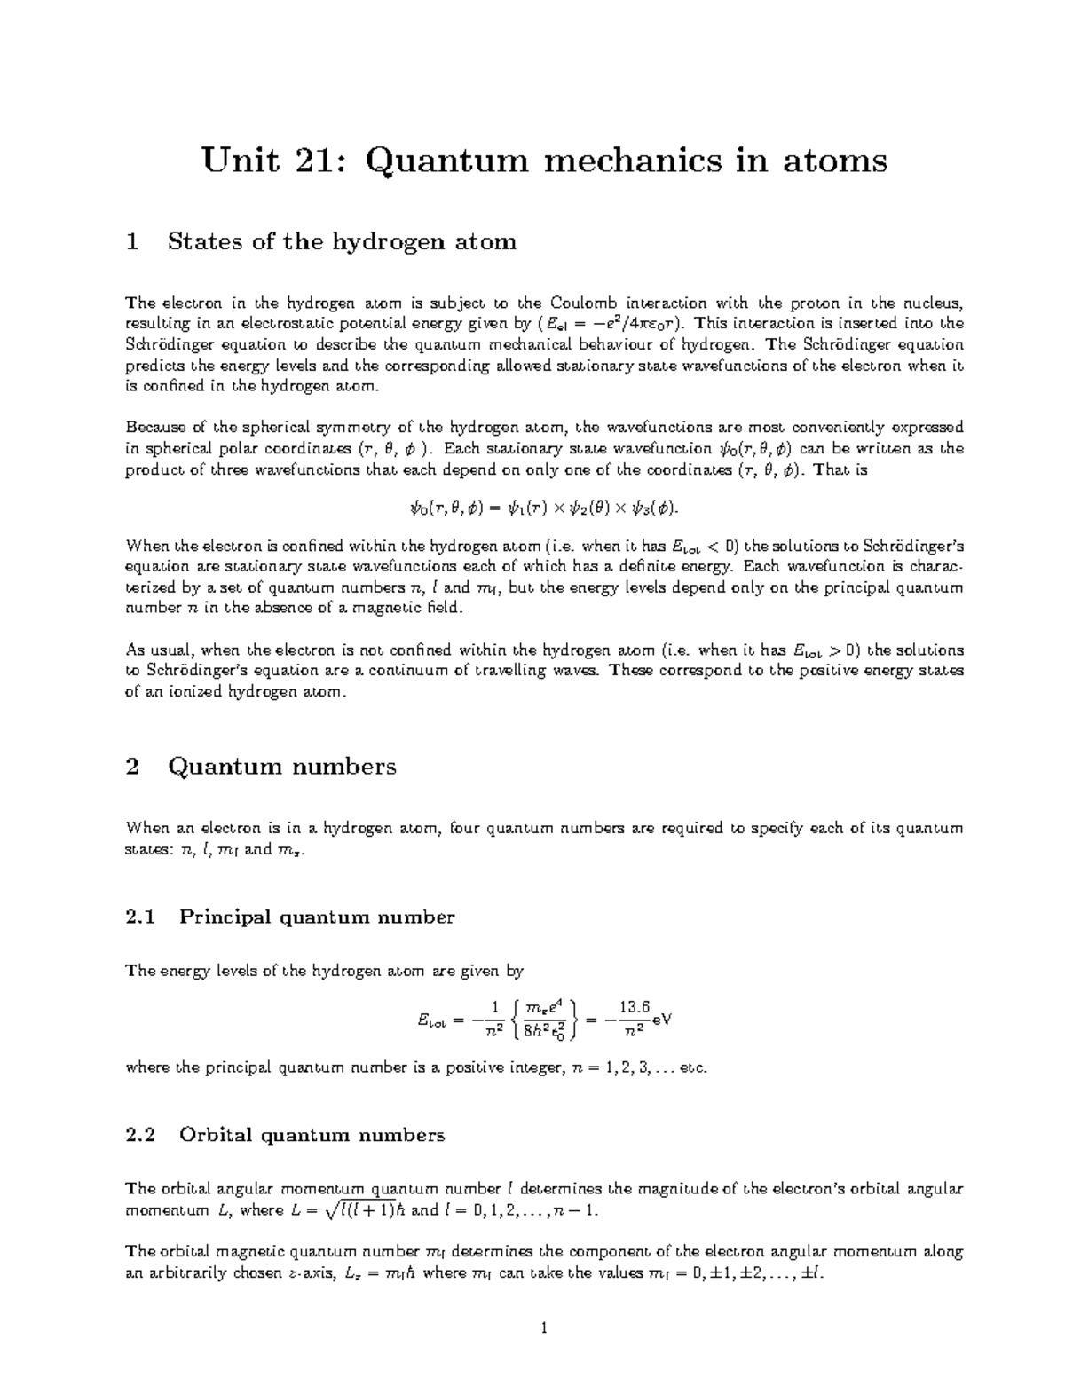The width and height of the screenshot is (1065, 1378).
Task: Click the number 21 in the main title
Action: point(312,161)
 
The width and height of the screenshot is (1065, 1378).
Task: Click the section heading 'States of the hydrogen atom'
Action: point(342,241)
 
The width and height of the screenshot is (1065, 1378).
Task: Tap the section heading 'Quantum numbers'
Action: point(281,767)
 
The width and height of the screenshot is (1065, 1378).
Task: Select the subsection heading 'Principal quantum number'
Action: point(317,917)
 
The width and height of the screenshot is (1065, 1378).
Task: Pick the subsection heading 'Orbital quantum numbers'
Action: point(312,1135)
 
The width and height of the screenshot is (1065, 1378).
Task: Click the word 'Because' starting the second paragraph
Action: point(156,427)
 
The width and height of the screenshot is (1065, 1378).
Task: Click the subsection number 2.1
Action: point(140,917)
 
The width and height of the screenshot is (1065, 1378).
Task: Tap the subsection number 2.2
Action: point(140,1135)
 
